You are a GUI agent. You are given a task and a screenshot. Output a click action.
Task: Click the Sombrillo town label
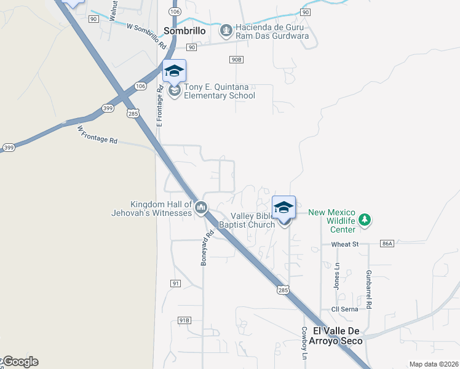184,30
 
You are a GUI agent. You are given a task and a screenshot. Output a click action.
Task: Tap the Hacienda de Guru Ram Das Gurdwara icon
226,30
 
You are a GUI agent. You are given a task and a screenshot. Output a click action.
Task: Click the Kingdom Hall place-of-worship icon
200,209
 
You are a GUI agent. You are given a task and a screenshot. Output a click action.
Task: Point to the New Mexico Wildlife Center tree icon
365,220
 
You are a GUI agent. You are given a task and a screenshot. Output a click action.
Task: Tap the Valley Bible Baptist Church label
253,220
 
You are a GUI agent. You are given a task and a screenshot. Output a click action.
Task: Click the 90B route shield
237,60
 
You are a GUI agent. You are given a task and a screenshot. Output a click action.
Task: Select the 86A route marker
386,244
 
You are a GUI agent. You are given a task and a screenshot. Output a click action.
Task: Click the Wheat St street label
345,244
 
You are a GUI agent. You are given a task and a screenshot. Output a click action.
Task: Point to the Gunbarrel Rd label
368,289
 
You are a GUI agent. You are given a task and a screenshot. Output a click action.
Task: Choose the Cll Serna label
344,309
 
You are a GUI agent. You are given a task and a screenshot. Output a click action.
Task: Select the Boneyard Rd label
207,248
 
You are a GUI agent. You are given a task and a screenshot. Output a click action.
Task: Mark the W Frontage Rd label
97,135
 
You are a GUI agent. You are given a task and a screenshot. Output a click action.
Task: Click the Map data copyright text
434,364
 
